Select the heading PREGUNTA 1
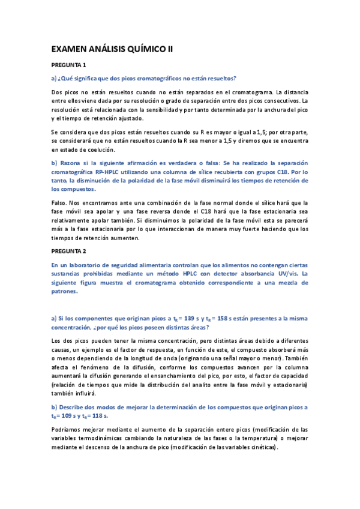click(68, 65)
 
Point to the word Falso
click(61, 203)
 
